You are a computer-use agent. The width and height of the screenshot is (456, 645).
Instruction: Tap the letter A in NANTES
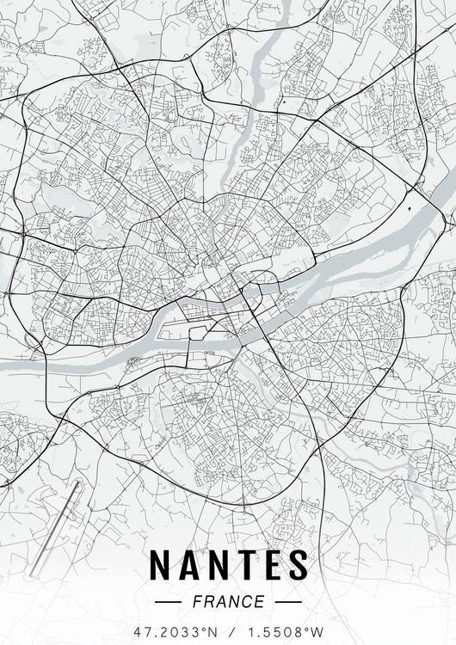pos(191,564)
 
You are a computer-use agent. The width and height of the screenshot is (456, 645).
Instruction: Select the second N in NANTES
pos(220,564)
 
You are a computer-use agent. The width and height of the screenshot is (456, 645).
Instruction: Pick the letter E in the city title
pos(271,564)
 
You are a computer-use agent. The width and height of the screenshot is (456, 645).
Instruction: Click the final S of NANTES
pos(297,564)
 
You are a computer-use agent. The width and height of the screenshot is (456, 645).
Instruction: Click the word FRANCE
pos(228,601)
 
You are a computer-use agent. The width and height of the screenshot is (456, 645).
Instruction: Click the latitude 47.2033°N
pos(172,631)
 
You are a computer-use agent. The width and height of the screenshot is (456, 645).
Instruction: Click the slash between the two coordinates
pos(228,631)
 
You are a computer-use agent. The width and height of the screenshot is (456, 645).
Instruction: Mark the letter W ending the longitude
pos(320,631)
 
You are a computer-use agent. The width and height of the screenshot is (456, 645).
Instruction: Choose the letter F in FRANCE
pos(198,601)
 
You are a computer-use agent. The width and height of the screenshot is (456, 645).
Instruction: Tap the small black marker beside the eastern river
pos(408,208)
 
